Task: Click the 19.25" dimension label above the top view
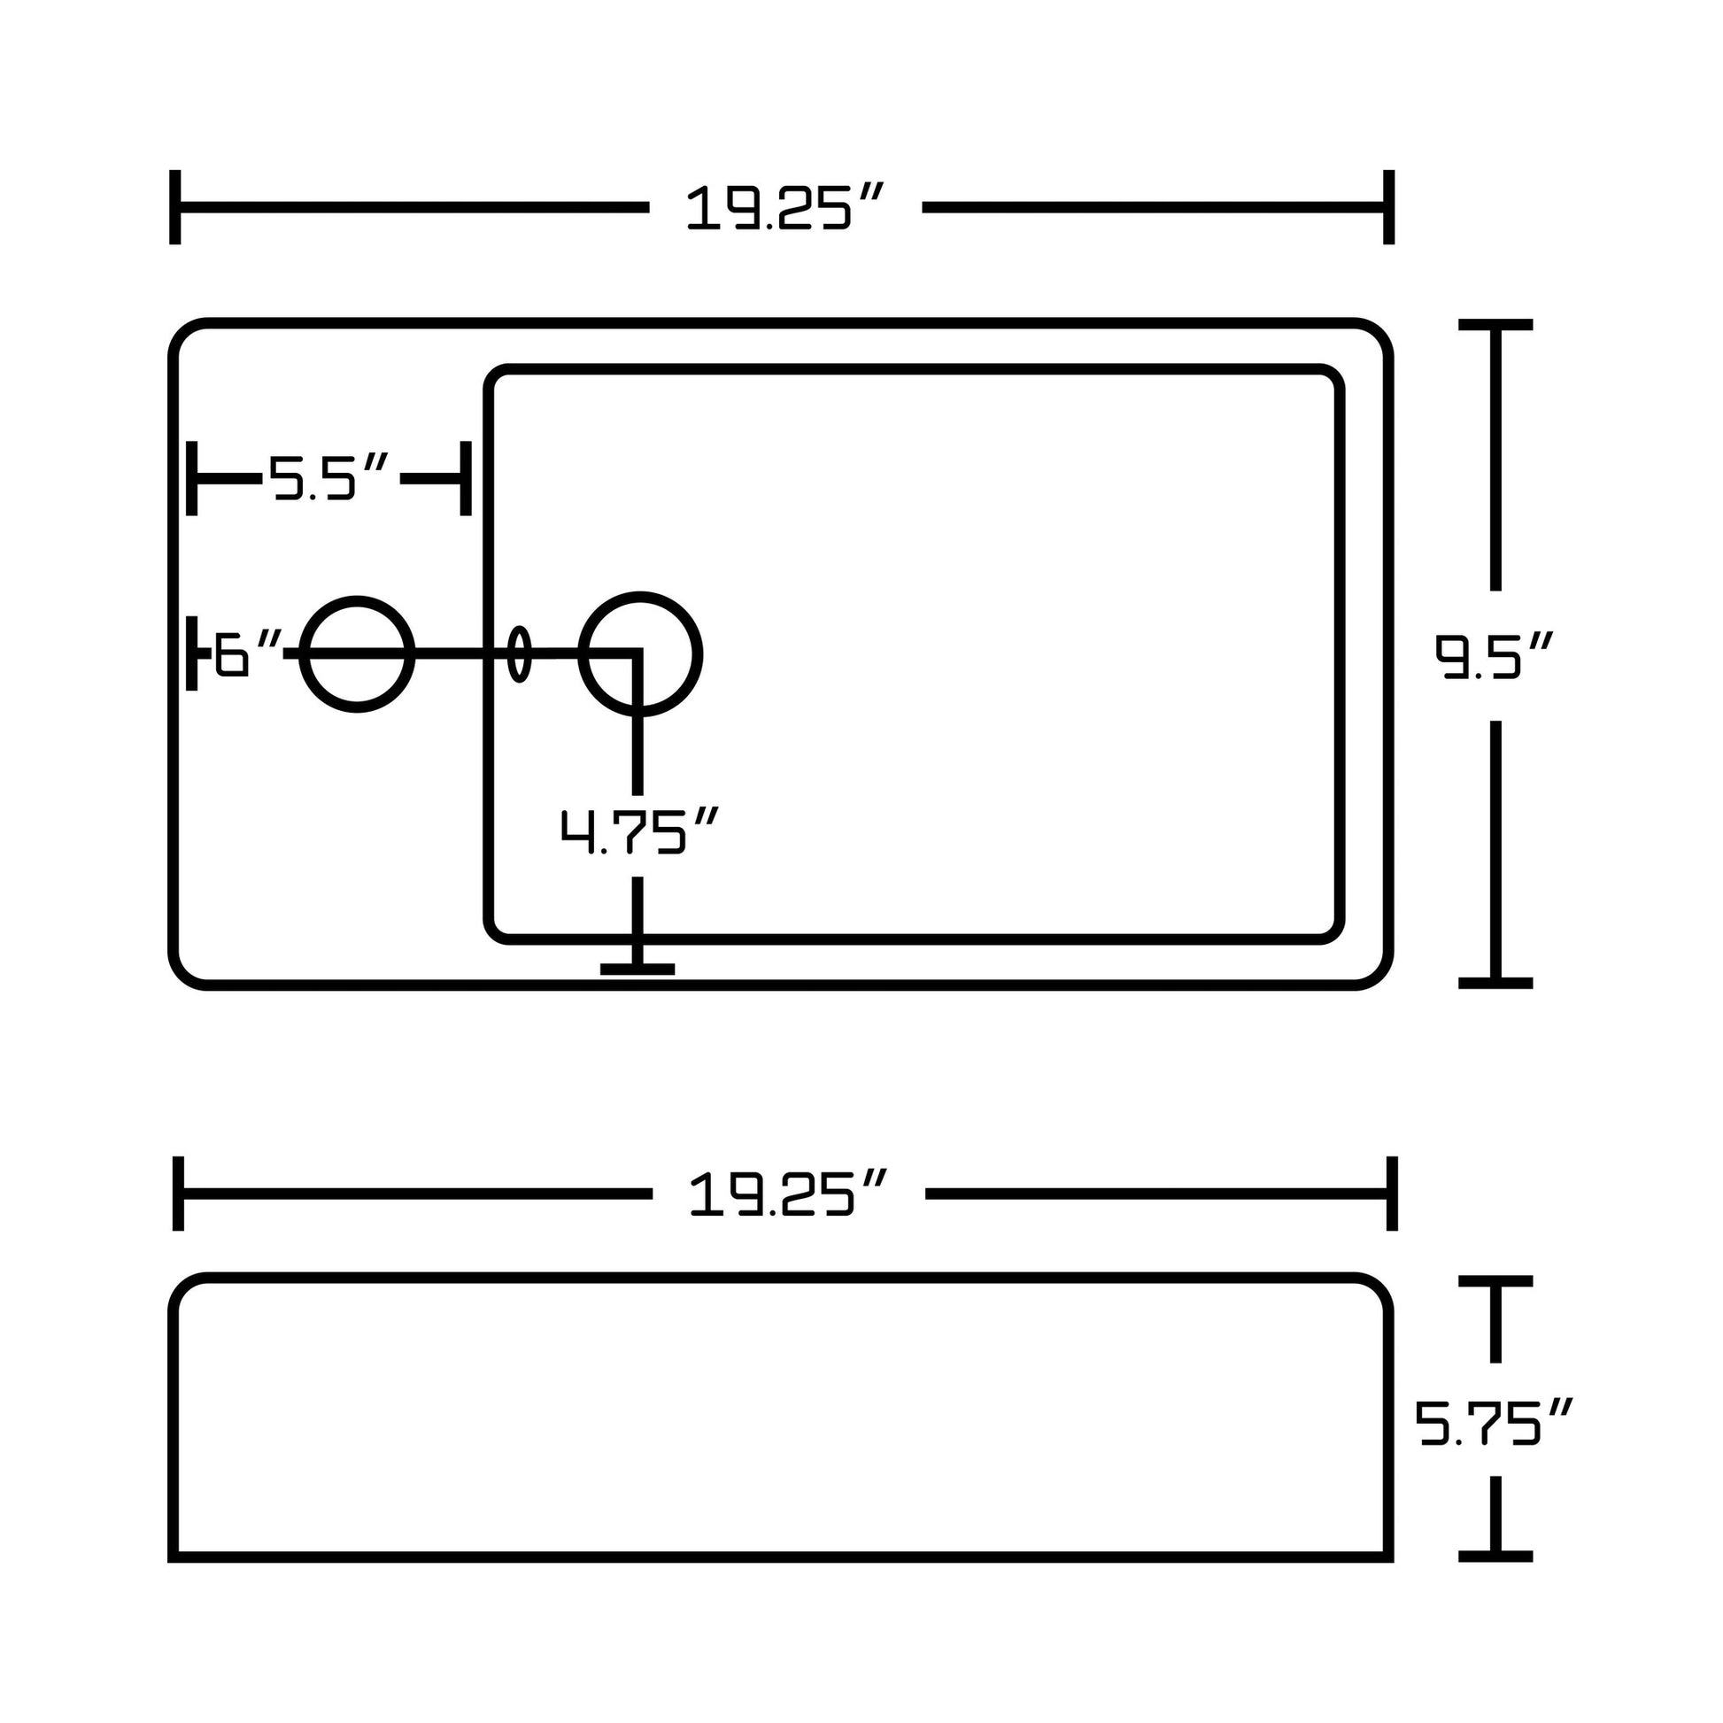[784, 207]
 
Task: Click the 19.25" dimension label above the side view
[788, 1194]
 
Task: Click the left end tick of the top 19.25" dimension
[174, 207]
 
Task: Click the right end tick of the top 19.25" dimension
[1388, 207]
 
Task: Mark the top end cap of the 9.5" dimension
[1495, 325]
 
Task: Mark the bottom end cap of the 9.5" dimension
[1495, 983]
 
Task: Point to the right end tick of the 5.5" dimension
[466, 478]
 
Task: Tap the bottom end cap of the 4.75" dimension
[637, 970]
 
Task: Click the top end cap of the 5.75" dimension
[1495, 1280]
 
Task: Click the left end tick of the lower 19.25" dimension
[178, 1194]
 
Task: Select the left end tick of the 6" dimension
[192, 653]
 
